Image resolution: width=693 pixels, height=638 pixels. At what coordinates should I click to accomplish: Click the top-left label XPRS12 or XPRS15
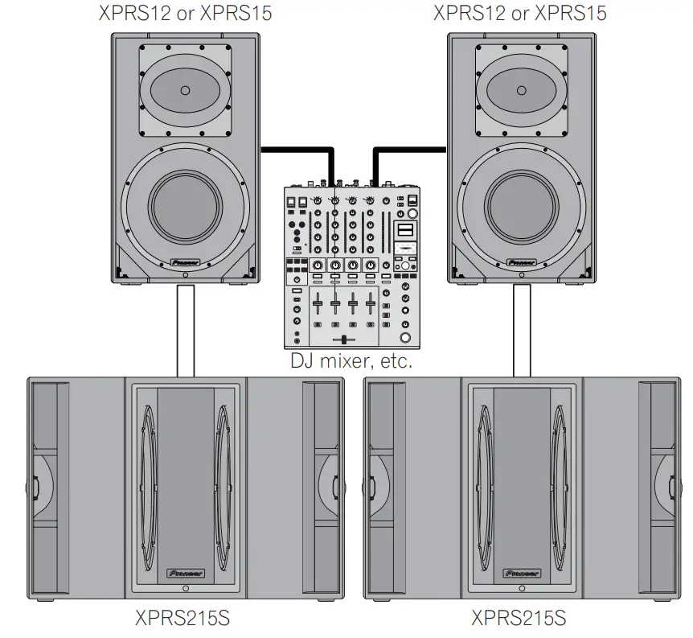click(184, 13)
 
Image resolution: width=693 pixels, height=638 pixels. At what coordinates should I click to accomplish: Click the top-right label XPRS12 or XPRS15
click(519, 13)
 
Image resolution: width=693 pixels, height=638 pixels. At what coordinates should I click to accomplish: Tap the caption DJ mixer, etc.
click(351, 361)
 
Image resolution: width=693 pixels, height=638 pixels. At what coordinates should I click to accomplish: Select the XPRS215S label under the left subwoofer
click(182, 618)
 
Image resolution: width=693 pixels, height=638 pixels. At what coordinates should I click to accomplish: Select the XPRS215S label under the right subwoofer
click(519, 618)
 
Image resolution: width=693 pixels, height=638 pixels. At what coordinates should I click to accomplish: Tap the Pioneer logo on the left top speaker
click(186, 261)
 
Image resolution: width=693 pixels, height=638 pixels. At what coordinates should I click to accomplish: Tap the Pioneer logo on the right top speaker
click(522, 261)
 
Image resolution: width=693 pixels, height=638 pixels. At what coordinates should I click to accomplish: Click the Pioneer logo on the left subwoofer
click(186, 574)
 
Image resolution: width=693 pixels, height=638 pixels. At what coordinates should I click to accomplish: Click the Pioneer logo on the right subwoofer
click(522, 574)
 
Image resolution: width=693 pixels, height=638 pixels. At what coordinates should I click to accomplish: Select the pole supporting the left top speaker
click(186, 330)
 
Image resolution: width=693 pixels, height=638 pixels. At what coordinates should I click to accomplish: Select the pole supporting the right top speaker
click(522, 330)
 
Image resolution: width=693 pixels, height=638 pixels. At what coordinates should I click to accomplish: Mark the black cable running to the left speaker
click(293, 148)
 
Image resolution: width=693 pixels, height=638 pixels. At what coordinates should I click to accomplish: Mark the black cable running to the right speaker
click(410, 148)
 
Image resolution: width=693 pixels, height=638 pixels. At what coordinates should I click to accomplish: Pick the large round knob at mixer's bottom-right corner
click(406, 337)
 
